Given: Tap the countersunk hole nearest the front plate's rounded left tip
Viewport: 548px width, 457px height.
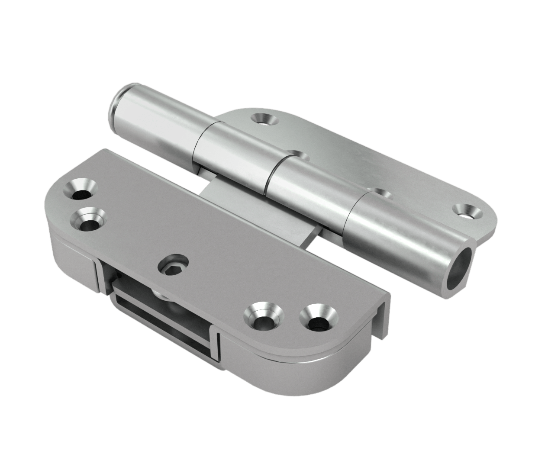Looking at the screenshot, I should (80, 191).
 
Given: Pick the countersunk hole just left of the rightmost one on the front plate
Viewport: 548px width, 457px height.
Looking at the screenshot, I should (261, 316).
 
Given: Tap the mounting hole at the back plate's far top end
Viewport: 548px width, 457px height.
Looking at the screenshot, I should (262, 119).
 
